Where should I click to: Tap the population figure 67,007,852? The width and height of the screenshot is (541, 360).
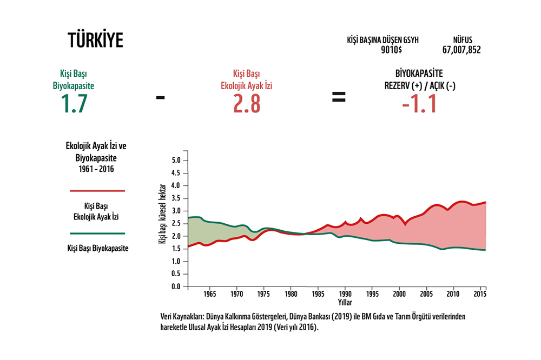(x=461, y=50)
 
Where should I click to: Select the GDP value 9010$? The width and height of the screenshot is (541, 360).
(x=391, y=50)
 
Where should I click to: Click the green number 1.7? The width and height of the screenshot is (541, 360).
(x=74, y=103)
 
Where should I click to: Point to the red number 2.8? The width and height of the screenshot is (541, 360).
(x=246, y=103)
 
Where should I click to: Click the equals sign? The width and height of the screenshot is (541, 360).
(x=339, y=97)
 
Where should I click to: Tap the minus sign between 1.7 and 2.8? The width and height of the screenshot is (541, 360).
(x=160, y=98)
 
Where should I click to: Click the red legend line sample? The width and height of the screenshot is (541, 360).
(x=97, y=190)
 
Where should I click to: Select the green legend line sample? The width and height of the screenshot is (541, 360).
(x=97, y=234)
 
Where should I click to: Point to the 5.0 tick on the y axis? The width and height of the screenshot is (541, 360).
(x=176, y=161)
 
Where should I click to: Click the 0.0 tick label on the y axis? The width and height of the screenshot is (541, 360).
(x=176, y=286)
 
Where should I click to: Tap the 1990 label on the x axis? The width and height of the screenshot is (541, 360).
(x=345, y=294)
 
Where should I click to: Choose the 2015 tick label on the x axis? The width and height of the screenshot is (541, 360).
(x=480, y=294)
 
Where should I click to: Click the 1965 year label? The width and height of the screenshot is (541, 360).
(x=210, y=294)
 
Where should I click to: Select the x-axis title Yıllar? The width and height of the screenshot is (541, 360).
(x=345, y=302)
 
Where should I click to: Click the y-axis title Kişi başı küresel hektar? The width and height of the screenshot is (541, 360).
(x=162, y=214)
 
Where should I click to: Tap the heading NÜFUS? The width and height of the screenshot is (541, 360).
(x=463, y=39)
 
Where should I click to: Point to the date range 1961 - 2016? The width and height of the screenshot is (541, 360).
(x=96, y=169)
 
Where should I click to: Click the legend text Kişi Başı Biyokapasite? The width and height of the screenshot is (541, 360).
(x=98, y=248)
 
